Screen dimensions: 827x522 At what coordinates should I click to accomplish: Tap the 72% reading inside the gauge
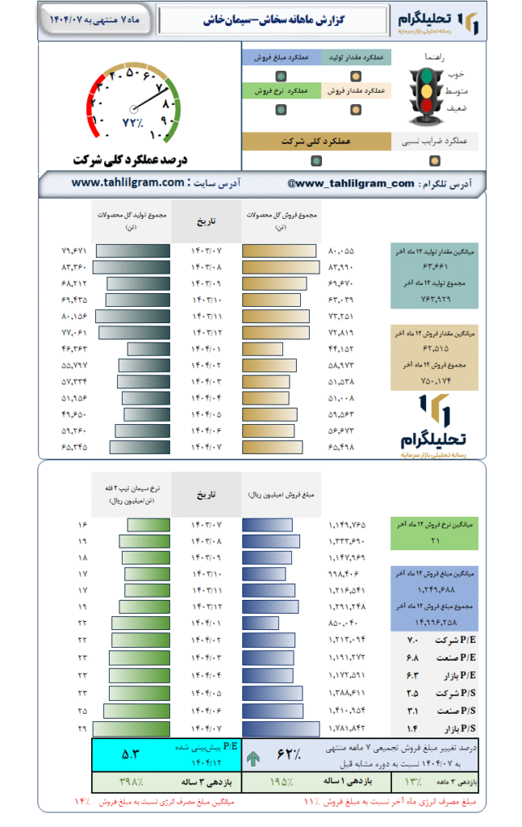click(x=132, y=123)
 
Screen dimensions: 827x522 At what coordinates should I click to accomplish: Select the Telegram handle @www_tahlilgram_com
click(x=350, y=183)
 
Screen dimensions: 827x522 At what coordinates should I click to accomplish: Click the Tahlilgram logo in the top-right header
click(x=443, y=22)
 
